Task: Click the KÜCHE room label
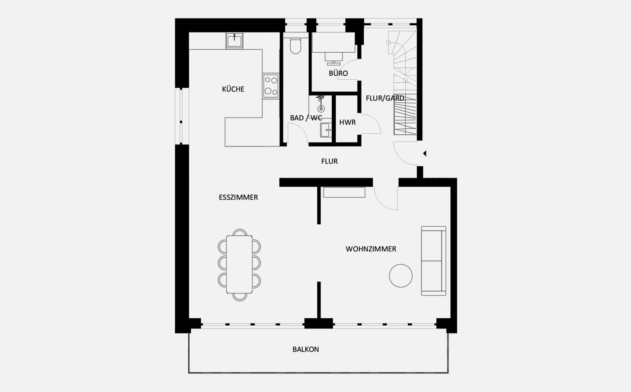pos(233,89)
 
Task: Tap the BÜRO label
pos(338,73)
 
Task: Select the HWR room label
pos(348,122)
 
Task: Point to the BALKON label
pos(306,349)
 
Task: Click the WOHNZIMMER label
pos(370,249)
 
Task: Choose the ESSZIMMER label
pos(238,197)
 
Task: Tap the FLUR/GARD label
pos(385,98)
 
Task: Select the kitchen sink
pos(234,41)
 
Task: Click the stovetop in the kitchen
pos(271,86)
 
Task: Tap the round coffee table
pos(401,275)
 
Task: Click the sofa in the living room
pos(434,261)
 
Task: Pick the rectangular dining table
pos(239,264)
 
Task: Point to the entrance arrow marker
pos(425,154)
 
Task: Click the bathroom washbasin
pos(326,130)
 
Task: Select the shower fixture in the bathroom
pos(320,104)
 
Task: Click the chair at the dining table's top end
pos(240,232)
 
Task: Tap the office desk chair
pos(334,59)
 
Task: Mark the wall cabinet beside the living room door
pos(344,192)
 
